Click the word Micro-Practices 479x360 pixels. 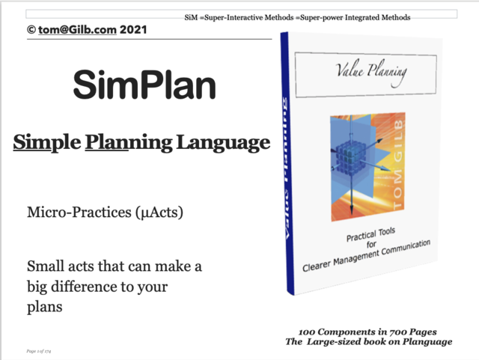[71, 213]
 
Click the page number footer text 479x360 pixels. [38, 350]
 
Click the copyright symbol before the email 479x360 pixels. [31, 29]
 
